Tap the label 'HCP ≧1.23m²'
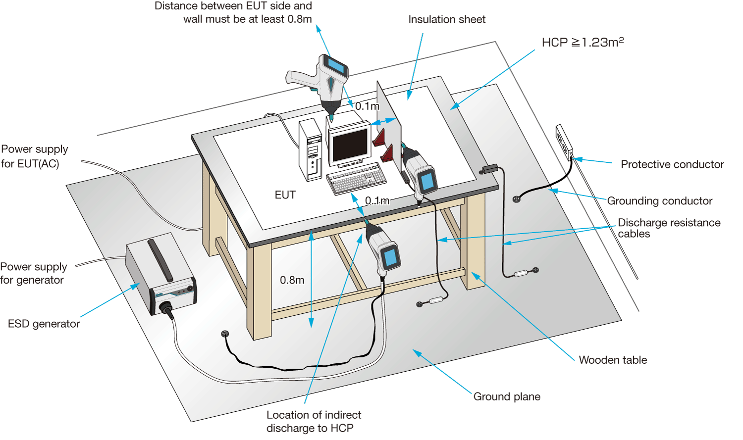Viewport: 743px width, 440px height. coord(583,43)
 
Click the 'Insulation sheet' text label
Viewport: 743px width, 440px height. coord(447,20)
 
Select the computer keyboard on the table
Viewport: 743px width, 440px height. coord(356,179)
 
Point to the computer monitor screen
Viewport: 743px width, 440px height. coord(350,144)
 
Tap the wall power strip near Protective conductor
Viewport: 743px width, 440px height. coord(564,143)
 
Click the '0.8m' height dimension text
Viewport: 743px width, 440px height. coord(292,280)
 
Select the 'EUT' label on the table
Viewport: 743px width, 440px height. coord(285,195)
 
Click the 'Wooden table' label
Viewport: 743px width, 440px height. coord(613,360)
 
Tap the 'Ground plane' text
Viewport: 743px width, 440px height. coord(507,397)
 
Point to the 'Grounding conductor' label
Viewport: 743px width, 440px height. coord(660,201)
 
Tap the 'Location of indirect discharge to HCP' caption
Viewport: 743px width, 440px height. coord(314,422)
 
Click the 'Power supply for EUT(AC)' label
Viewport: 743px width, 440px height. coord(34,156)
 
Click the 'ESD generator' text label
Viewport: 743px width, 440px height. coord(44,324)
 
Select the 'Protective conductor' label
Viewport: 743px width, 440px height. coord(672,165)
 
